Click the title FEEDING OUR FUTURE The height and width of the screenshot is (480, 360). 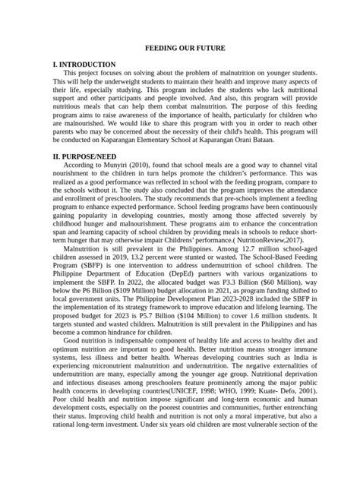tap(180, 48)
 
